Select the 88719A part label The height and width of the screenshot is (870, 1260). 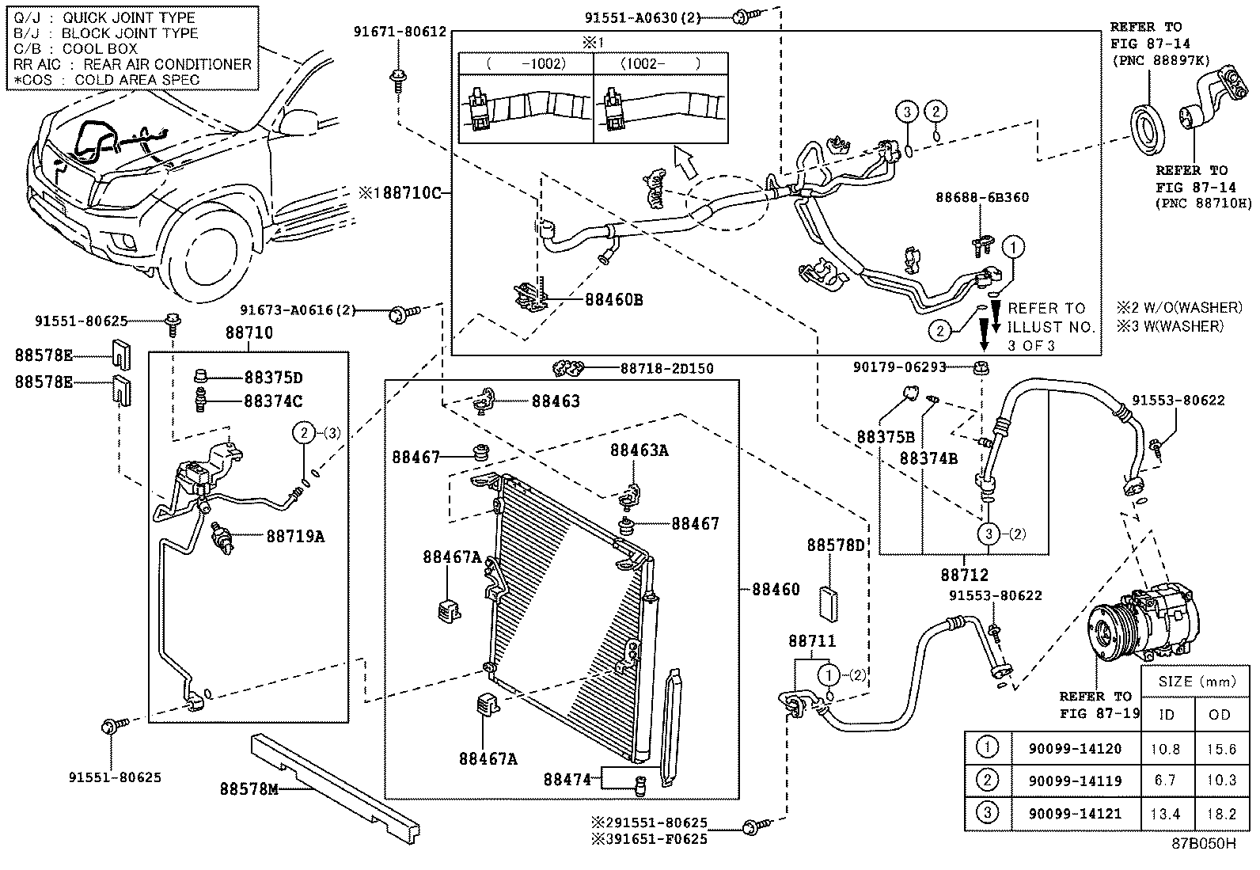[x=294, y=537]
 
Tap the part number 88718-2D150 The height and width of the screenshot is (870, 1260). [x=666, y=368]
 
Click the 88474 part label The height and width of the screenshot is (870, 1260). [x=567, y=779]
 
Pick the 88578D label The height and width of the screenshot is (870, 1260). [x=836, y=545]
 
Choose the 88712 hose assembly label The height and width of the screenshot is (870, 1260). [x=965, y=575]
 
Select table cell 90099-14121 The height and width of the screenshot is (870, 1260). [x=1075, y=813]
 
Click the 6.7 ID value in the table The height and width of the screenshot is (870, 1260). [x=1164, y=781]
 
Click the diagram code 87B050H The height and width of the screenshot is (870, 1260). [x=1203, y=843]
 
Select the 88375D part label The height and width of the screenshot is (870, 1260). [x=273, y=378]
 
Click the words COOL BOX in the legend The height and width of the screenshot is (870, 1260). [x=100, y=48]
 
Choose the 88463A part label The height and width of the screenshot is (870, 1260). [x=639, y=450]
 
